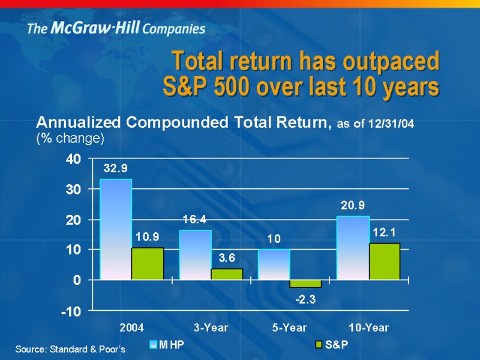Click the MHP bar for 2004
116,229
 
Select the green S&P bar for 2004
148,263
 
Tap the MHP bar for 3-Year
196,254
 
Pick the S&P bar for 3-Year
227,274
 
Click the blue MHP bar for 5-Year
274,264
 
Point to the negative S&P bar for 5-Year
305,283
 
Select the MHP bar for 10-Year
353,248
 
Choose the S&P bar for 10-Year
384,261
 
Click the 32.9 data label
115,169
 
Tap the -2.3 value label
306,299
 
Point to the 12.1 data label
383,231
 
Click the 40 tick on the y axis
73,159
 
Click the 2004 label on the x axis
131,328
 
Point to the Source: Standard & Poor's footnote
70,349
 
